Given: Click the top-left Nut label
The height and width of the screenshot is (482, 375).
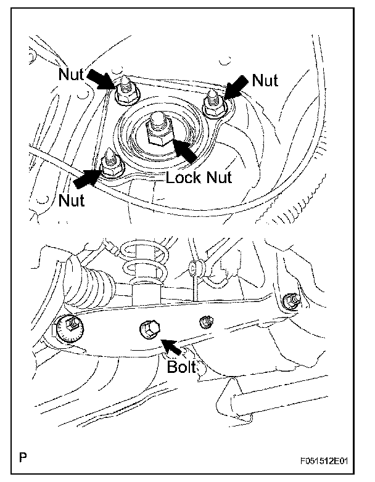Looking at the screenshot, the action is [71, 74].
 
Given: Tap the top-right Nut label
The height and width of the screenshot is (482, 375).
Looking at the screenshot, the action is [265, 80].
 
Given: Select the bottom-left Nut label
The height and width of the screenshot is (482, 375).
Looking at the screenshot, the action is [72, 200].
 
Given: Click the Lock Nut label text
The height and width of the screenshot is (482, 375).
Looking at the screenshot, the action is [199, 178].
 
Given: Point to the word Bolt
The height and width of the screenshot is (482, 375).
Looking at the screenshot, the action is [181, 366].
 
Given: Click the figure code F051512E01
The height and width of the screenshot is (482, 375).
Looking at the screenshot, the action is [324, 461].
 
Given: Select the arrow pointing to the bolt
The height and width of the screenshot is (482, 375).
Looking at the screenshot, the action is [171, 348].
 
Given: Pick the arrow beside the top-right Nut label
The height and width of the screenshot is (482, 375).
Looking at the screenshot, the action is [236, 88].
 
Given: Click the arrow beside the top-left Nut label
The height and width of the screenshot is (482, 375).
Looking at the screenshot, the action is [100, 79].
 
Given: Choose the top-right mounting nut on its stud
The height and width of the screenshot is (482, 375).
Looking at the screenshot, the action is [215, 104].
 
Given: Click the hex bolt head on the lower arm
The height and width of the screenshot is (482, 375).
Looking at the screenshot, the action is [150, 330].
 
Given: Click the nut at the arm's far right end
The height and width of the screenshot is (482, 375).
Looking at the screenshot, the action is [291, 301].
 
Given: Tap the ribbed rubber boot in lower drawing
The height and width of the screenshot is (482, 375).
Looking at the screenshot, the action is [93, 285].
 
